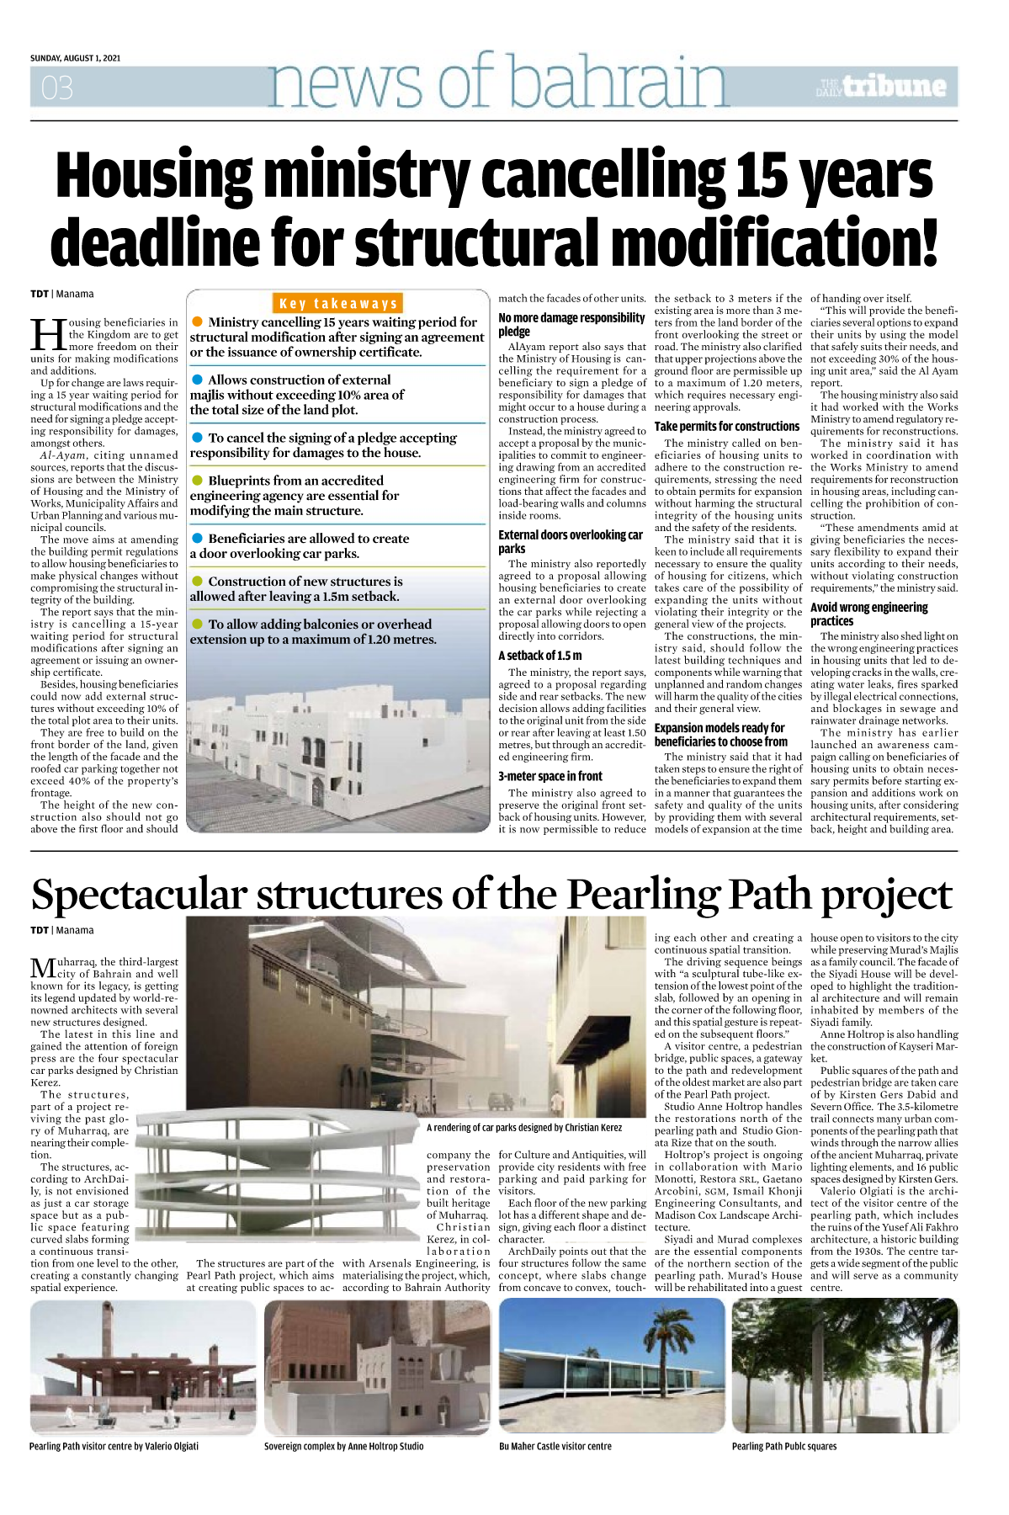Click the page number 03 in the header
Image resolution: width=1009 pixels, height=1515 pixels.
tap(57, 88)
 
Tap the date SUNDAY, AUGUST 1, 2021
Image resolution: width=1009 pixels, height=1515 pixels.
tap(75, 58)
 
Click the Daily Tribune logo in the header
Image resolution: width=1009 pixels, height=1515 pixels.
tap(881, 86)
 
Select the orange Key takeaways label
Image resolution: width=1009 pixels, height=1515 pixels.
tap(338, 304)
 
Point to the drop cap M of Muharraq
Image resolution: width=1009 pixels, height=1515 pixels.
tap(43, 968)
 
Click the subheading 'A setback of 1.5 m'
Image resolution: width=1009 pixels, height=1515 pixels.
tap(540, 655)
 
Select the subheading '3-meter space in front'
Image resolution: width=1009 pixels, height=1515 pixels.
tap(550, 776)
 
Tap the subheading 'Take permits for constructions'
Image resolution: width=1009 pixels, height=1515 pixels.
tap(727, 427)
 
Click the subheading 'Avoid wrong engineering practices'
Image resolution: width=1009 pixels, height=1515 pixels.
tap(868, 614)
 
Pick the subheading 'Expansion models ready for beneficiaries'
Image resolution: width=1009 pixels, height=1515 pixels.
tap(721, 734)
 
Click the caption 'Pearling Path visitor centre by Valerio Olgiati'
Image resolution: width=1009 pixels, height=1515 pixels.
tap(114, 1446)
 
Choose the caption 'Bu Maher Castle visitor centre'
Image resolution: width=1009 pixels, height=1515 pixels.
tap(555, 1446)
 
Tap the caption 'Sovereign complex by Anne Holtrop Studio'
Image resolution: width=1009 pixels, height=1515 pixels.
tap(343, 1446)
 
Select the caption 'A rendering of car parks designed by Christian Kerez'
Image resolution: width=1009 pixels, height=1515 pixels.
tap(523, 1127)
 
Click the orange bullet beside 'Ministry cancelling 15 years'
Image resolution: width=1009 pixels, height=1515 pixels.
tap(197, 322)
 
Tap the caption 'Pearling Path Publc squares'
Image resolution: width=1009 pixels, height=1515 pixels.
tap(784, 1446)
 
